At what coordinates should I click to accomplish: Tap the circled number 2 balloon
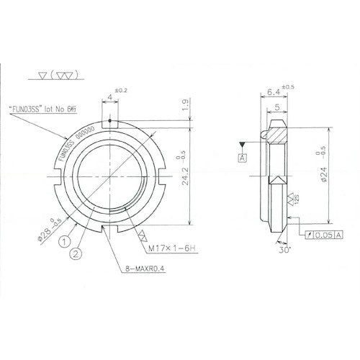[76, 253]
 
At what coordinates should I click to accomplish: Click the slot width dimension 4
[109, 96]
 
